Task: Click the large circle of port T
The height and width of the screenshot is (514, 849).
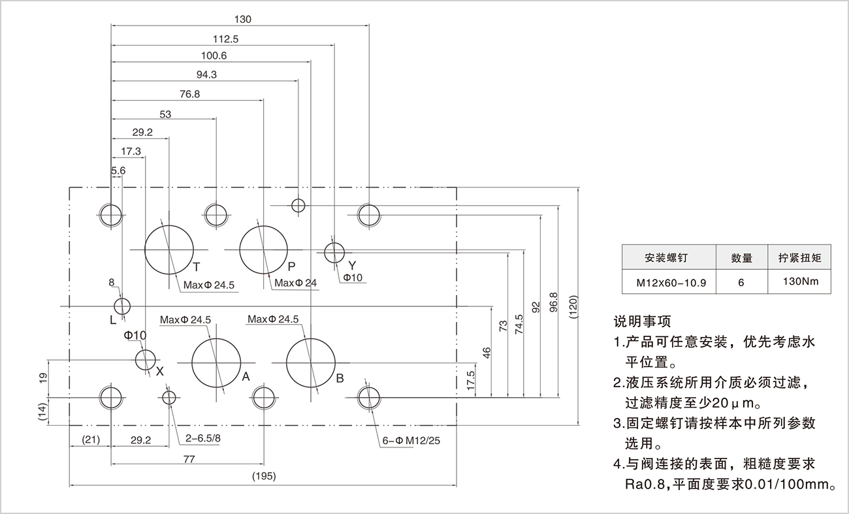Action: (169, 249)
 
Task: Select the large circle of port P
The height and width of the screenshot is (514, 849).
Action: (264, 249)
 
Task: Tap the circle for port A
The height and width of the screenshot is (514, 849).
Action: (216, 362)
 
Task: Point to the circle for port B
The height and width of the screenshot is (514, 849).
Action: (311, 362)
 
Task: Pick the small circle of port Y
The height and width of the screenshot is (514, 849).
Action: (334, 250)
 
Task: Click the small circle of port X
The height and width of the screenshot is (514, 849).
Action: (145, 358)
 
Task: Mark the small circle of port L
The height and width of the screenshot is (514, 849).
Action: (122, 306)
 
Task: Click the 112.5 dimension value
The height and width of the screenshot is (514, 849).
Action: (225, 39)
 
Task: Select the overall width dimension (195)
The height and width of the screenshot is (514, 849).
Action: (263, 476)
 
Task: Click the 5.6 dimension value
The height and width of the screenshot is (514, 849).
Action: (118, 170)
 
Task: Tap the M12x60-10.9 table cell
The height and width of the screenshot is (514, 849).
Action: (667, 283)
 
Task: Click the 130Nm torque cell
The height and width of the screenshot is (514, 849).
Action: (799, 282)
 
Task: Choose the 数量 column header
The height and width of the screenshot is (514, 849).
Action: (741, 258)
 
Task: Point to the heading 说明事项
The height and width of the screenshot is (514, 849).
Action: (642, 321)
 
